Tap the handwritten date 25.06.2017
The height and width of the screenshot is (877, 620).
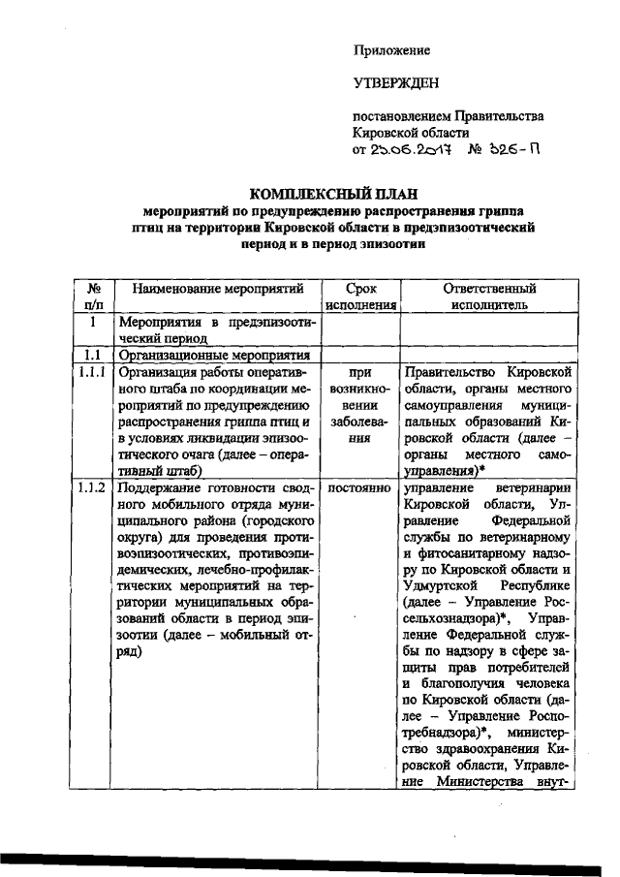pyautogui.click(x=406, y=150)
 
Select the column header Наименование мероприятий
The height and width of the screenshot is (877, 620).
pyautogui.click(x=218, y=289)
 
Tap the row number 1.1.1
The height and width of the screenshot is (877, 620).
pyautogui.click(x=95, y=370)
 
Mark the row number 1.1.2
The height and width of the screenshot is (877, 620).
pyautogui.click(x=95, y=487)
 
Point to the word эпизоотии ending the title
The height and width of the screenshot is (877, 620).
pyautogui.click(x=393, y=244)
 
